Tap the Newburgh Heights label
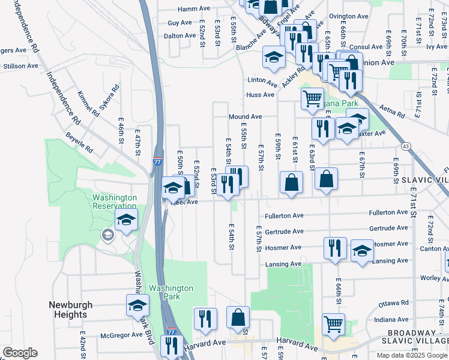pos(71,310)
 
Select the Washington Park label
pos(171,292)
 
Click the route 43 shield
pos(406,146)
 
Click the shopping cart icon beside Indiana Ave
pos(333,323)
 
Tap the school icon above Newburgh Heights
pos(137,305)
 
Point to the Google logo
pos(20,353)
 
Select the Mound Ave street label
pos(245,116)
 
